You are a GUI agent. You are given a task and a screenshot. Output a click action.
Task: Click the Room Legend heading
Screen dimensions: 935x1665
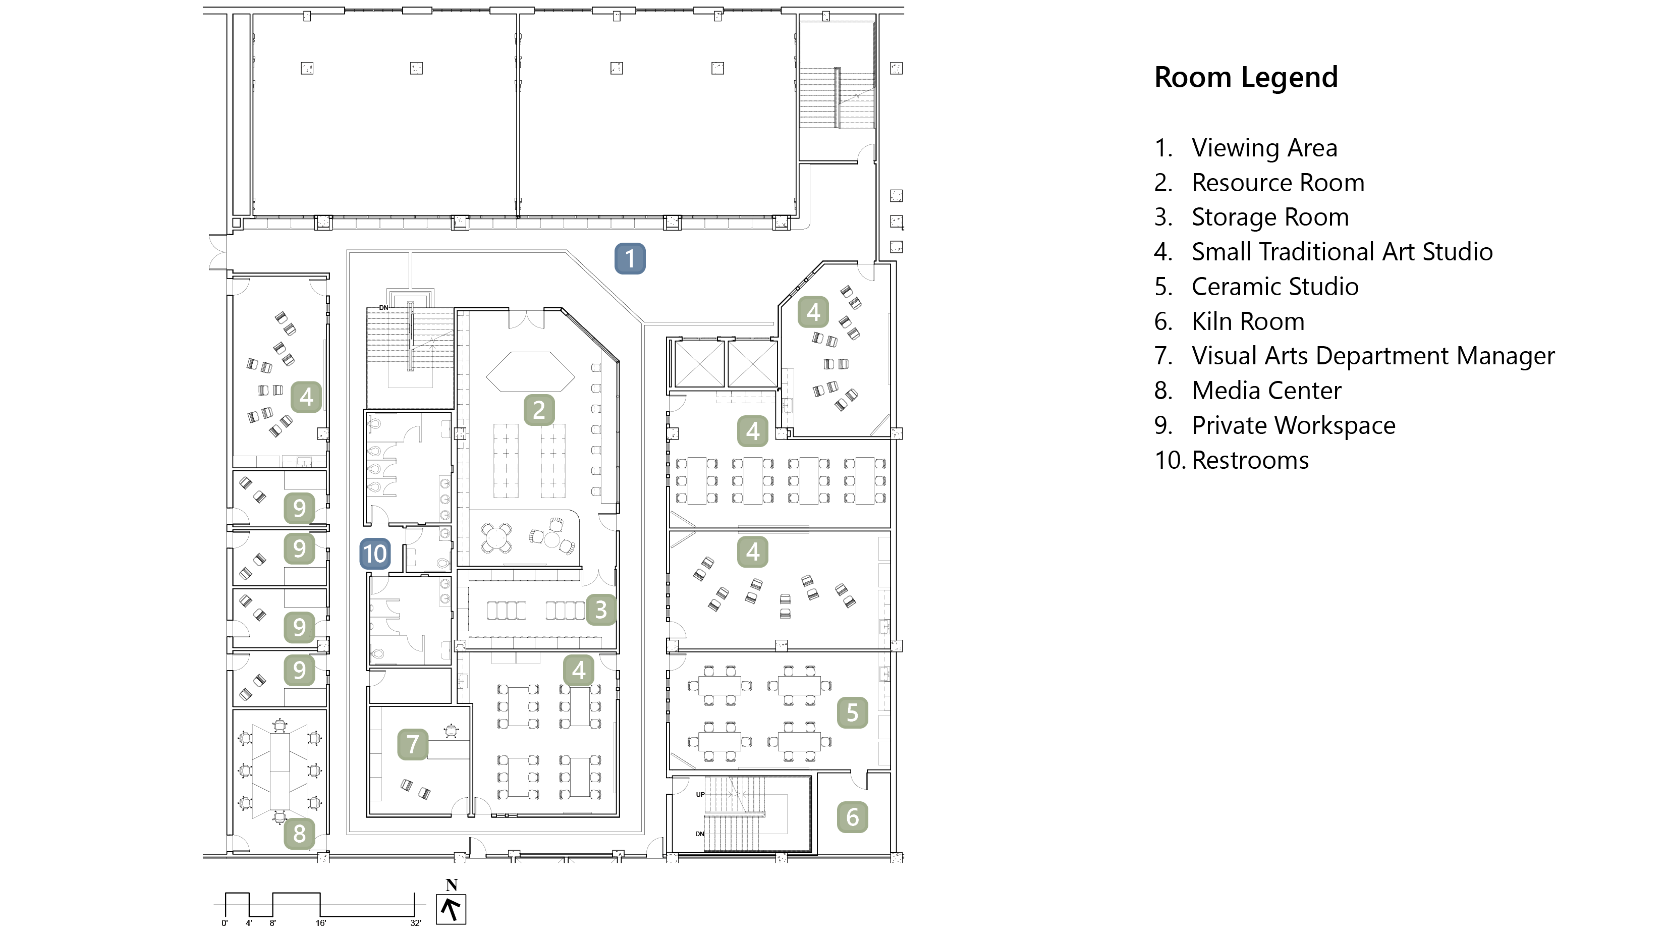pyautogui.click(x=1246, y=78)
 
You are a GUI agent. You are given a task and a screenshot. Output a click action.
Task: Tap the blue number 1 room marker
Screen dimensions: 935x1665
pyautogui.click(x=630, y=259)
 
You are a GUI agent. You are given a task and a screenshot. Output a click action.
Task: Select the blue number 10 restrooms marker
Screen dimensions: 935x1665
pyautogui.click(x=375, y=554)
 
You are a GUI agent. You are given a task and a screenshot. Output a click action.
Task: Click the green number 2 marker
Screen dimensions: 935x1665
pyautogui.click(x=539, y=410)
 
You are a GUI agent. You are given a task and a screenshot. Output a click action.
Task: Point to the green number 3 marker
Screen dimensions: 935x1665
pyautogui.click(x=601, y=610)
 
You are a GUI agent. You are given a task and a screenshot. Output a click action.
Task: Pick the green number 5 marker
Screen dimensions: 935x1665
pyautogui.click(x=852, y=712)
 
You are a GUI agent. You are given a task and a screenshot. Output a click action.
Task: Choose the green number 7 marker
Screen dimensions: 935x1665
pyautogui.click(x=412, y=744)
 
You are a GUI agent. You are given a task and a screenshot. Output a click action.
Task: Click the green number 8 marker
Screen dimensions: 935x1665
pyautogui.click(x=299, y=834)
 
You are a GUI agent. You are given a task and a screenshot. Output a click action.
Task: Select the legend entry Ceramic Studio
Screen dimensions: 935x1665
pyautogui.click(x=1274, y=287)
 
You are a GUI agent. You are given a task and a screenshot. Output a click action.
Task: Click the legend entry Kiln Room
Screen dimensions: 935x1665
pyautogui.click(x=1247, y=321)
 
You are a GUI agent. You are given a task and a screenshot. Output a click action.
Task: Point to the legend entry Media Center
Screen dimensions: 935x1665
pyautogui.click(x=1266, y=391)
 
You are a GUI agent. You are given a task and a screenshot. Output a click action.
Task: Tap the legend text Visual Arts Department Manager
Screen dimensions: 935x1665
pyautogui.click(x=1373, y=356)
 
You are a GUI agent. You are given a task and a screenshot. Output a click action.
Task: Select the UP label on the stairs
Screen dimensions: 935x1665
pyautogui.click(x=700, y=794)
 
